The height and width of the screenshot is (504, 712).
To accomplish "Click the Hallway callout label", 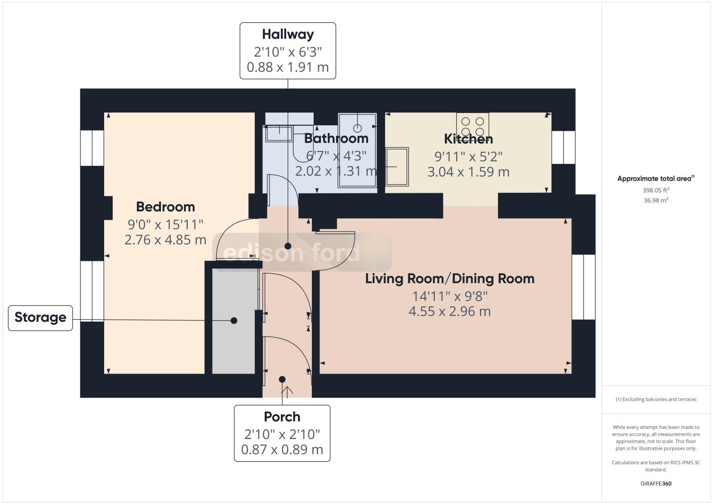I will tap(288, 50).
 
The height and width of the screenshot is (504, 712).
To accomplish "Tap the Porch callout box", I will tap(282, 433).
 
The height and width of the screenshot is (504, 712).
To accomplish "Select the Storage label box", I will tap(40, 318).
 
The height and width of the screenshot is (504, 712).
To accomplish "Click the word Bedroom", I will tap(165, 207).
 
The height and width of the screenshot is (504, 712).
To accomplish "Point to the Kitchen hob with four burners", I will tap(472, 125).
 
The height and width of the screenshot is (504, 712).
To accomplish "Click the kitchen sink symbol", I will tap(397, 167).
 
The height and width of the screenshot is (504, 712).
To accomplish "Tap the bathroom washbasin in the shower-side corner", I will tap(357, 128).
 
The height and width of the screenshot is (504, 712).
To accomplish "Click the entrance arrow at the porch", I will tap(288, 390).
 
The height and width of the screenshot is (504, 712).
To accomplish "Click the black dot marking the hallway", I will tap(288, 246).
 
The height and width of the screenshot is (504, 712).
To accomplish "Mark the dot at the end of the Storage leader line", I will tap(234, 321).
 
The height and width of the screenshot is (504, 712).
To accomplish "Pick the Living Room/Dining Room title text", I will tap(450, 278).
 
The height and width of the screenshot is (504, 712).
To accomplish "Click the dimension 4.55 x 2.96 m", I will tap(450, 312).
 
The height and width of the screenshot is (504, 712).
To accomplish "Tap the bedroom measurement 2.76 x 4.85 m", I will tap(165, 239).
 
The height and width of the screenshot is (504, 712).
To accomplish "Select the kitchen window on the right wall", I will tap(563, 147).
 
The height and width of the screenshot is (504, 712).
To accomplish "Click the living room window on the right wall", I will tap(583, 287).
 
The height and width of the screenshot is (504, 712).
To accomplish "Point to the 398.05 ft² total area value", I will tap(656, 190).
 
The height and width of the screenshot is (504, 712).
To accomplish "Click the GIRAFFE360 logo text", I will tap(656, 484).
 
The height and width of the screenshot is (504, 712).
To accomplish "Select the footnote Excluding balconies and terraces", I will tap(656, 399).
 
